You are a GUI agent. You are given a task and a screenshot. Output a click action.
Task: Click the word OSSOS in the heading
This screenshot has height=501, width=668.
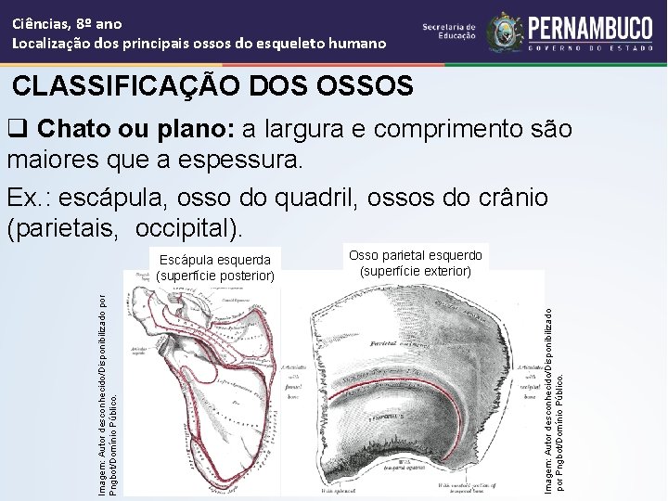(x=366, y=86)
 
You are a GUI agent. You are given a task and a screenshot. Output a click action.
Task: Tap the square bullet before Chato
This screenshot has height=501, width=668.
(x=17, y=128)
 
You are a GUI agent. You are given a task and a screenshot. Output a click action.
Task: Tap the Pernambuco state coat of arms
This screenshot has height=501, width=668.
(x=505, y=32)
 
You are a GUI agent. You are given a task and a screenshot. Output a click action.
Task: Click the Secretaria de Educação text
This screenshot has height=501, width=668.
(x=449, y=32)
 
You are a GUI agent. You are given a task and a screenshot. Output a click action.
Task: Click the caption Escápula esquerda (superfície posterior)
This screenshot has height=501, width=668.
(x=214, y=267)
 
